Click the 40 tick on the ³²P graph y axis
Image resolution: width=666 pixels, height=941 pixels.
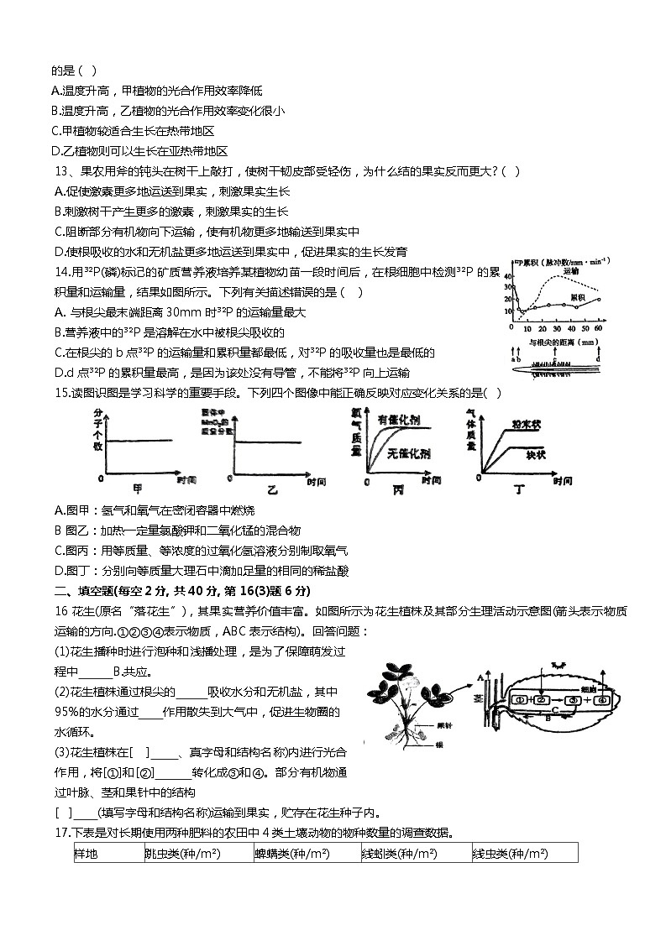point(507,276)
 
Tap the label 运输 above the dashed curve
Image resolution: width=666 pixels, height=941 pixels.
point(570,271)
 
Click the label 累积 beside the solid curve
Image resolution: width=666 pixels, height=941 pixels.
point(578,296)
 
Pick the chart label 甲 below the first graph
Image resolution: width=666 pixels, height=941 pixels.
point(137,487)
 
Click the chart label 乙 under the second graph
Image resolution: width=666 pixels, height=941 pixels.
point(270,488)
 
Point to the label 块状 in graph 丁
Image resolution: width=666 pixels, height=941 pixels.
point(536,454)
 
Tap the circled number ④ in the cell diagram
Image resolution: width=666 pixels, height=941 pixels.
point(602,699)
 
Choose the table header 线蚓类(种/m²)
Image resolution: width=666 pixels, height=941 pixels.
point(399,853)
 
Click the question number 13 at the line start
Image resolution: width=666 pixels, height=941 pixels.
point(60,171)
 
